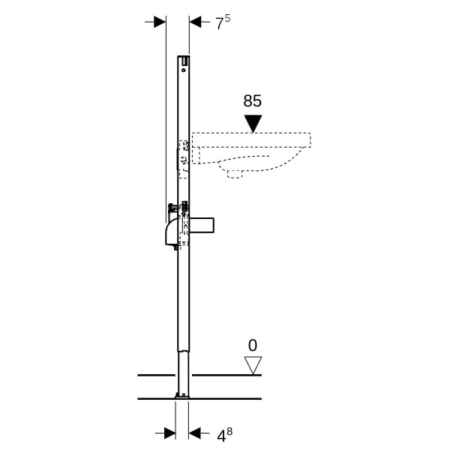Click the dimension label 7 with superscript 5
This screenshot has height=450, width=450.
223,22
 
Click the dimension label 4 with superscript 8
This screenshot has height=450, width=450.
224,435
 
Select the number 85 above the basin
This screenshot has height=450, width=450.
253,101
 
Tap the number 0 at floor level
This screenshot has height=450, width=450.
253,346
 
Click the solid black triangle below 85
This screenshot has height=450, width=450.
253,124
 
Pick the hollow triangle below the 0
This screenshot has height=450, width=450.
253,365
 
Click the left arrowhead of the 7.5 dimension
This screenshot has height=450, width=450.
160,22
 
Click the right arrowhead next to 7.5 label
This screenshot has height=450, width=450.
196,22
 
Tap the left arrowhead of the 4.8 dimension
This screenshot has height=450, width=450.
170,433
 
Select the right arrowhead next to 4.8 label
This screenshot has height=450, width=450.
194,433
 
